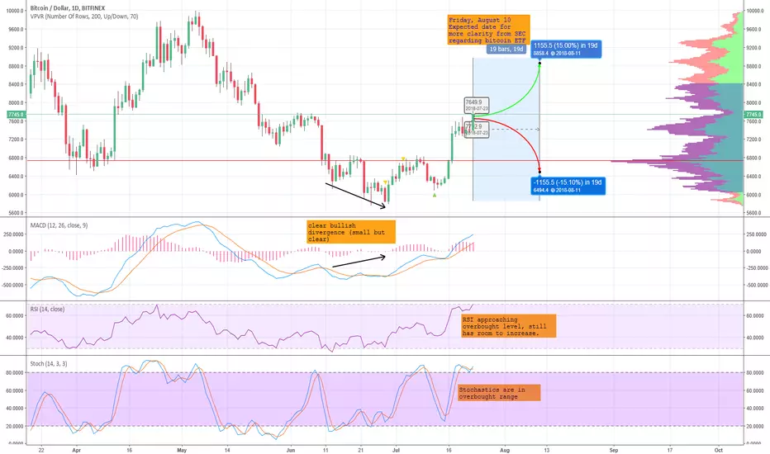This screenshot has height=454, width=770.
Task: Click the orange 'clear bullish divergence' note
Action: pos(350,232)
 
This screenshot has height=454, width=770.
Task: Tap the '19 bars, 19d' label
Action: pos(506,50)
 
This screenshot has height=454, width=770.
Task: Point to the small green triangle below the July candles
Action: pos(435,195)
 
